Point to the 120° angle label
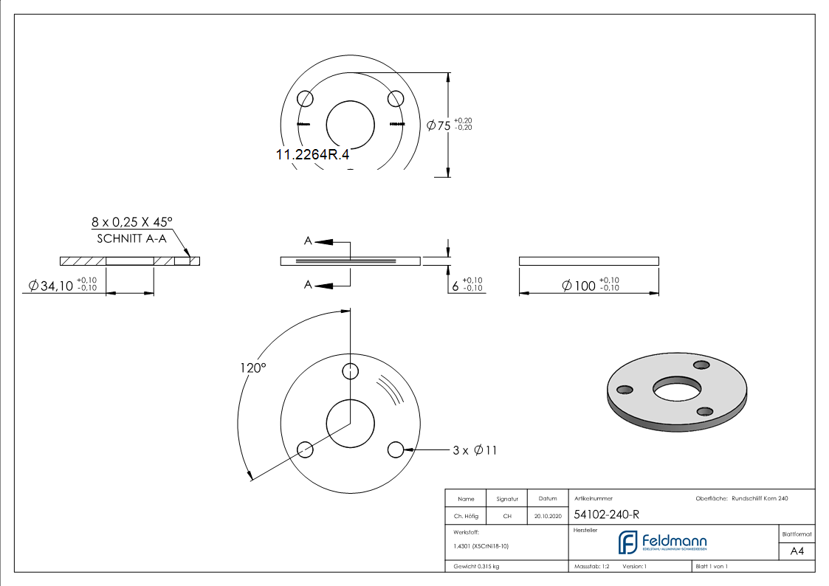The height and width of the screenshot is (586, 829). [252, 368]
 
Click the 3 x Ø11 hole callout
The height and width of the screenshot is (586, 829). [475, 450]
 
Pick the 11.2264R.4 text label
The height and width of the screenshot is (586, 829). [312, 155]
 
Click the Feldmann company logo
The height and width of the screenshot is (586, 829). [662, 542]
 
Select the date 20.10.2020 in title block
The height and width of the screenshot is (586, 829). [547, 517]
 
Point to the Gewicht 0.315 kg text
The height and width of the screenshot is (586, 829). [476, 566]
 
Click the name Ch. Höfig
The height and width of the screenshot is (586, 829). [466, 517]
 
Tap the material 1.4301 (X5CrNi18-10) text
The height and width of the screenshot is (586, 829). [481, 546]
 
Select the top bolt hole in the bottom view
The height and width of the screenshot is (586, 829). [351, 370]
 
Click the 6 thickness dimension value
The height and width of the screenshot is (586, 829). [455, 285]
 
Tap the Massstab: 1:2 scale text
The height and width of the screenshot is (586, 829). [591, 566]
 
